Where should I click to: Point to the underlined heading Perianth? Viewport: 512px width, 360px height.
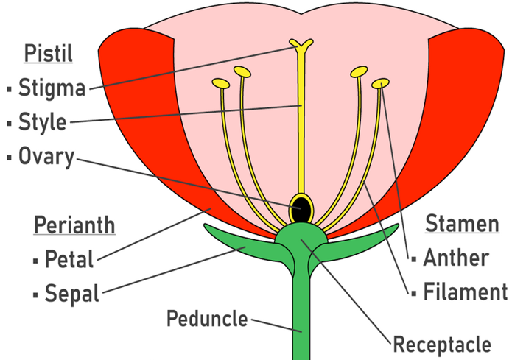click(x=74, y=225)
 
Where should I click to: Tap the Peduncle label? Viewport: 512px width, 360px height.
click(x=208, y=320)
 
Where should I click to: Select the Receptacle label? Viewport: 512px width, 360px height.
click(x=441, y=344)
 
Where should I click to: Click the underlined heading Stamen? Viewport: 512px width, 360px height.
click(x=462, y=223)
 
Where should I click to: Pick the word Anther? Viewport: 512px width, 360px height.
click(x=456, y=258)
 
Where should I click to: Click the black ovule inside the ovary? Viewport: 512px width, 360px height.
click(x=301, y=209)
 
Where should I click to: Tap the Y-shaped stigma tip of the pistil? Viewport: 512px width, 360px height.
click(x=301, y=46)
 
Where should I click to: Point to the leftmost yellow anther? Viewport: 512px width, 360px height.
click(x=220, y=82)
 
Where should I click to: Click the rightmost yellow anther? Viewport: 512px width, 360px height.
click(x=381, y=83)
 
